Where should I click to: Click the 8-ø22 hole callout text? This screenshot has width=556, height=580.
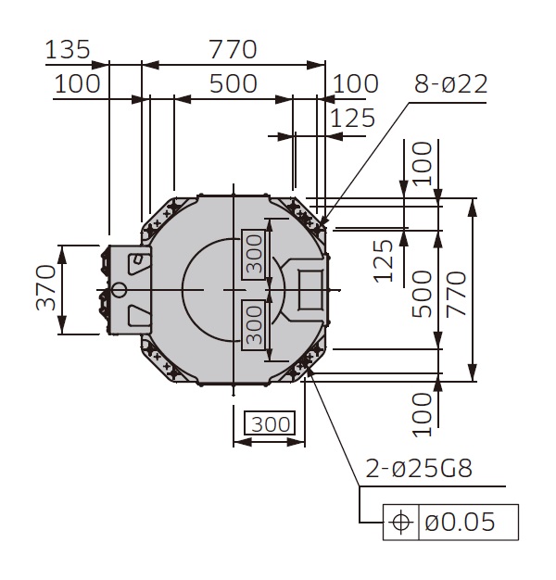[x=450, y=84]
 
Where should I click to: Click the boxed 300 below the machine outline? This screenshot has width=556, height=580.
[x=271, y=425]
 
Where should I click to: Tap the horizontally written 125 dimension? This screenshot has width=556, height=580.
[x=353, y=118]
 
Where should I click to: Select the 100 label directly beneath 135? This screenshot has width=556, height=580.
[x=76, y=83]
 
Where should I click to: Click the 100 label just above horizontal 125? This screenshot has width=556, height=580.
[x=356, y=83]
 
